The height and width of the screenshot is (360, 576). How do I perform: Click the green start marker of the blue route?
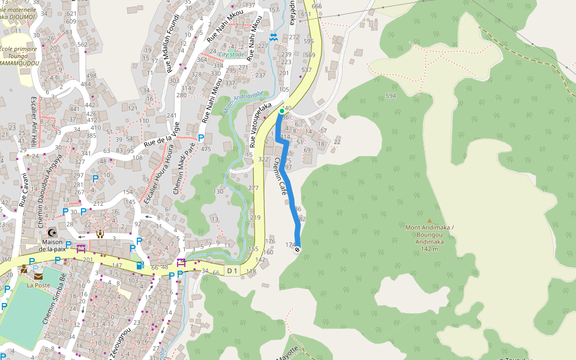click(x=281, y=111)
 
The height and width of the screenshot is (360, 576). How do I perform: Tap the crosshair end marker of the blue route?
click(x=297, y=250)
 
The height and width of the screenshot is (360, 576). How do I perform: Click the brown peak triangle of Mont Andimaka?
click(x=429, y=220)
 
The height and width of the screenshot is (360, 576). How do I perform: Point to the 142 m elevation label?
click(x=429, y=248)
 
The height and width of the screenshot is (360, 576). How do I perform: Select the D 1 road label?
click(x=233, y=271)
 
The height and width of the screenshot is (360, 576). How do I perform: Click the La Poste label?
click(x=38, y=285)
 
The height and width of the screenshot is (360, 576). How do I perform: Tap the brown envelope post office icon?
click(x=38, y=276)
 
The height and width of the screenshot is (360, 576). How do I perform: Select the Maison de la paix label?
click(x=52, y=245)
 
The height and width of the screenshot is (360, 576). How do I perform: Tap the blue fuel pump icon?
click(x=140, y=265)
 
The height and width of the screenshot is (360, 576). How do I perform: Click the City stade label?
click(x=231, y=55)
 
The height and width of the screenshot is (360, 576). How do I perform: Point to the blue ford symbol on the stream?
click(x=274, y=37)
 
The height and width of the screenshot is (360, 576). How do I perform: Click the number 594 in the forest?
click(x=391, y=96)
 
